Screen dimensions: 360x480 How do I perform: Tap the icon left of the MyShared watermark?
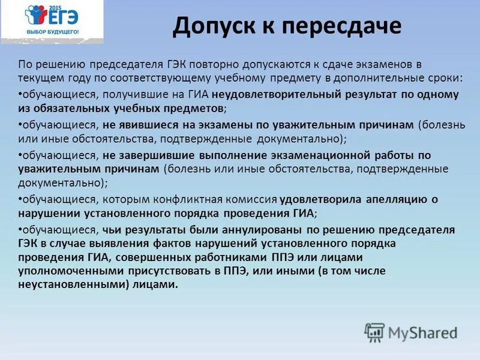[374, 332]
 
